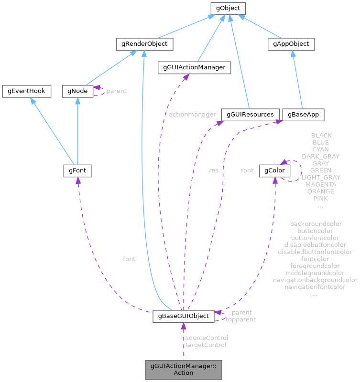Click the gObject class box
[x=228, y=8]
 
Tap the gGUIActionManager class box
[x=194, y=68]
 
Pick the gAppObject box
[x=291, y=44]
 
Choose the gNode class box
[x=77, y=91]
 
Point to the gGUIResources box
[x=251, y=115]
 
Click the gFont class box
[x=77, y=170]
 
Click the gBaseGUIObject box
[x=184, y=316]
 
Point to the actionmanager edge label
[x=192, y=115]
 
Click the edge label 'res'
[x=214, y=170]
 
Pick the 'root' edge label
[x=247, y=170]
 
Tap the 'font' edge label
[x=129, y=259]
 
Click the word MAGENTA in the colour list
[x=321, y=184]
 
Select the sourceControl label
[x=207, y=338]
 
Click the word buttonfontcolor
[x=315, y=237]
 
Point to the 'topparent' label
[x=240, y=319]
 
